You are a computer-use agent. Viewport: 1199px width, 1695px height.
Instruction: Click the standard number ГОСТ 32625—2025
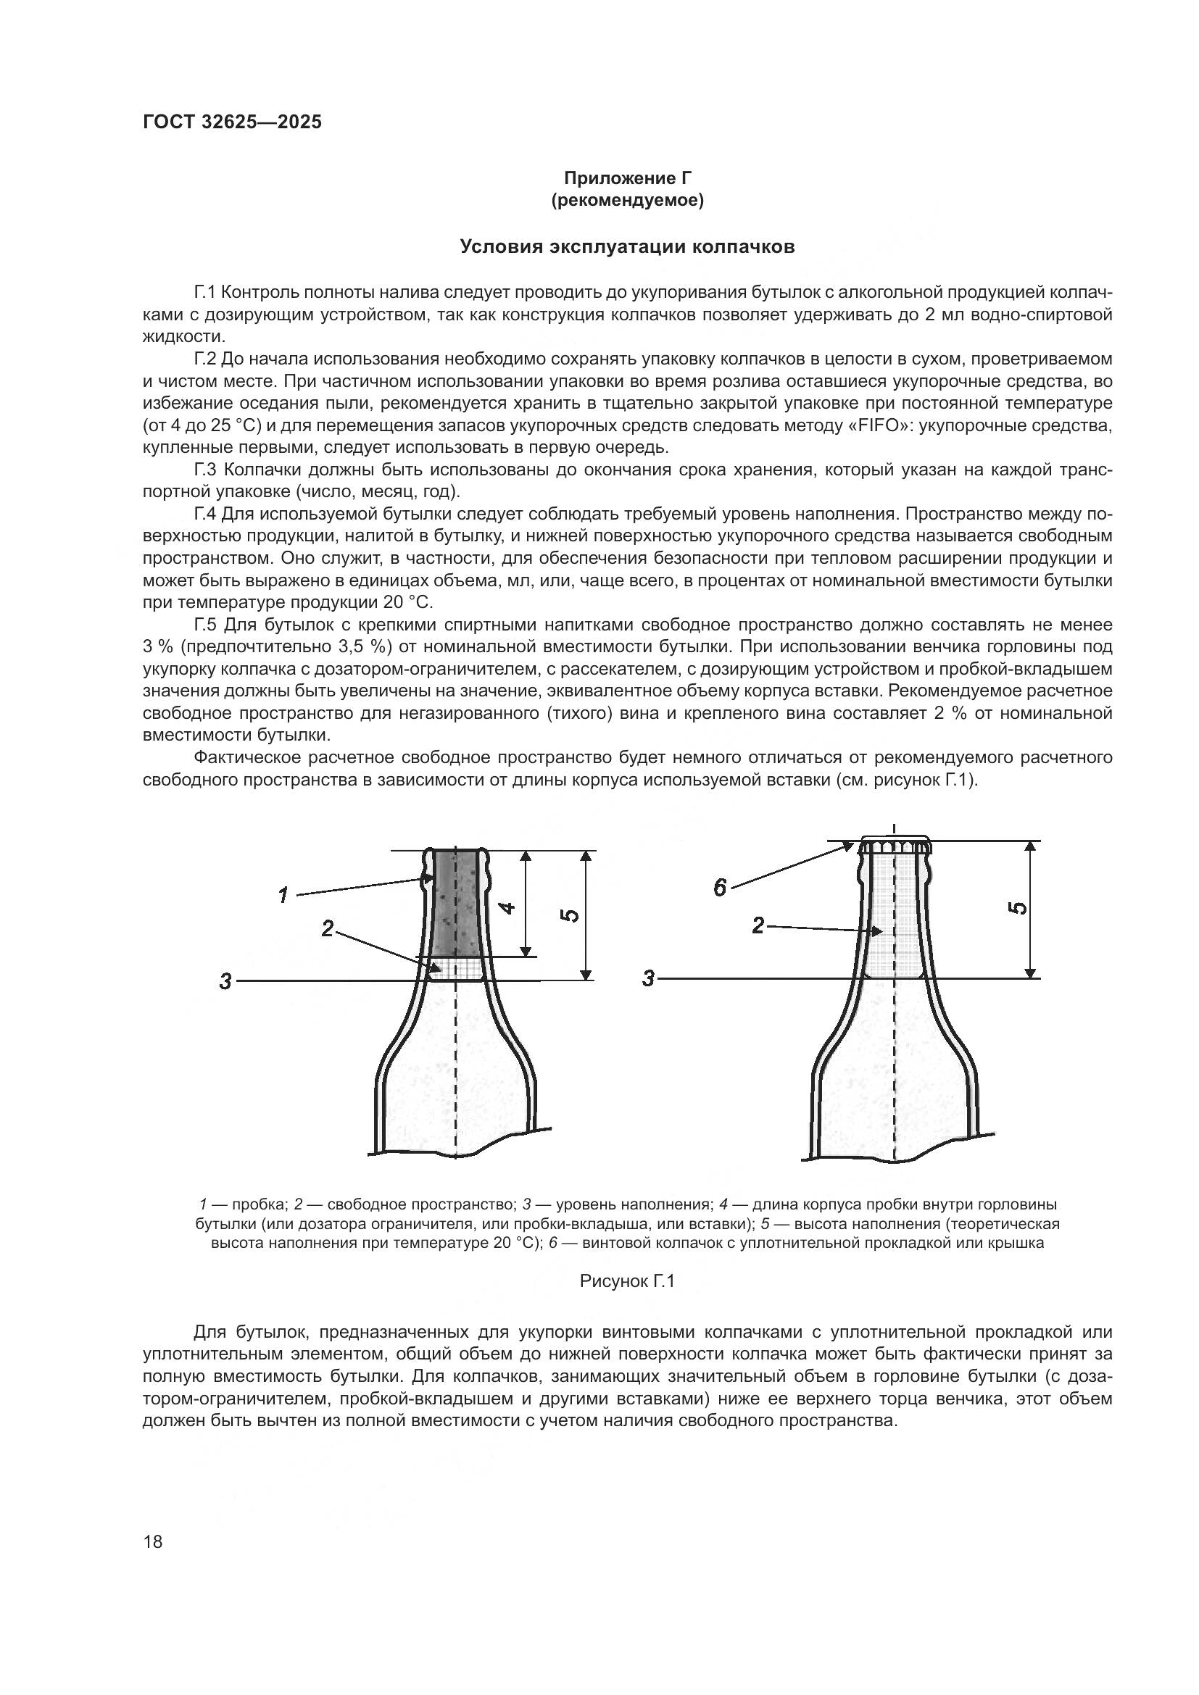pyautogui.click(x=232, y=122)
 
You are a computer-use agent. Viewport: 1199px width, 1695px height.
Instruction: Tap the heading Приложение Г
pyautogui.click(x=627, y=178)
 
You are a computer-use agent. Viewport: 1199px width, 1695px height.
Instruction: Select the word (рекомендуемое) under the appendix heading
pyautogui.click(x=627, y=200)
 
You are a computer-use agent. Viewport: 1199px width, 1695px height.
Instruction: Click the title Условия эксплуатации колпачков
pyautogui.click(x=627, y=246)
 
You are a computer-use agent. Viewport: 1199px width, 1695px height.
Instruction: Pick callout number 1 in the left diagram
pyautogui.click(x=283, y=896)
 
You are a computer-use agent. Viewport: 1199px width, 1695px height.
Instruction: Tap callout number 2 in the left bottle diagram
pyautogui.click(x=328, y=929)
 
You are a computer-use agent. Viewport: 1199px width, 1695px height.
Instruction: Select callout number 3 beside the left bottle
pyautogui.click(x=225, y=982)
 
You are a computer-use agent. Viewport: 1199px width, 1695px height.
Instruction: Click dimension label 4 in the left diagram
pyautogui.click(x=509, y=907)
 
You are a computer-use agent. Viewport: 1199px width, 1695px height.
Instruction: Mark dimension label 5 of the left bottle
pyautogui.click(x=570, y=915)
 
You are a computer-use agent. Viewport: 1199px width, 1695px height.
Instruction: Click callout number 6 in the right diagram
pyautogui.click(x=720, y=889)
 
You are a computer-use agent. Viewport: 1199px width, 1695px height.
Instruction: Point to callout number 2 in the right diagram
pyautogui.click(x=758, y=925)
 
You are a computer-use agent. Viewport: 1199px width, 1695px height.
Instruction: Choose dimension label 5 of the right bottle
pyautogui.click(x=1017, y=909)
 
